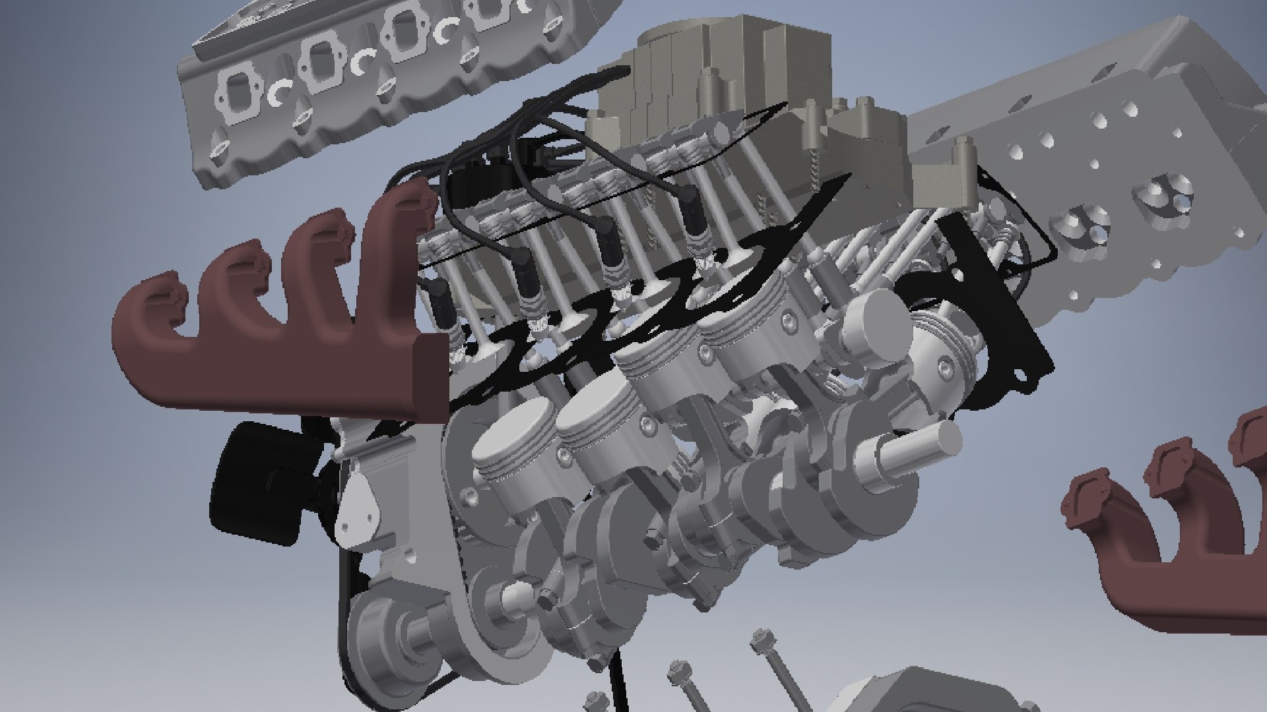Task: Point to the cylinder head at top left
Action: (x=370, y=73)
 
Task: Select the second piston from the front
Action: (x=594, y=422)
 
